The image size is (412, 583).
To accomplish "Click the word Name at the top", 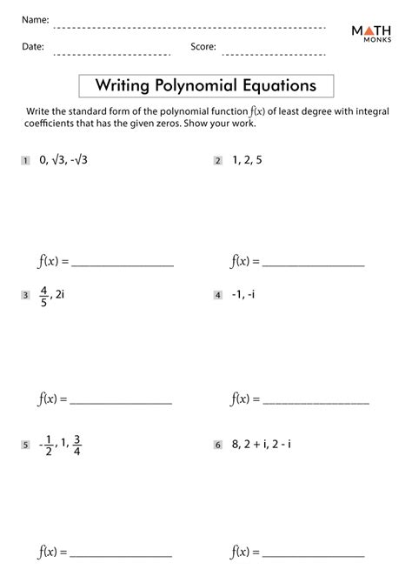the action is point(36,20).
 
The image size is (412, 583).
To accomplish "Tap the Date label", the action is point(33,48).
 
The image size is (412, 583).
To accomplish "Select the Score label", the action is point(203,48).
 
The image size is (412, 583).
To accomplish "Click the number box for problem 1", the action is point(26,161).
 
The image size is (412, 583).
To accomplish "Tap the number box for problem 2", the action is point(217,161).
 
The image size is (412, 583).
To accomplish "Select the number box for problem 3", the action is point(26,296).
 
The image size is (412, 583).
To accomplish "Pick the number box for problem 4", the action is point(217,296).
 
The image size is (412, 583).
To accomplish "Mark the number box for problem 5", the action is point(26,445).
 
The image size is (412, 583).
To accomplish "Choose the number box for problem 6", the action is point(217,445).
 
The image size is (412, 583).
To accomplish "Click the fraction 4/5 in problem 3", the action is point(43,296).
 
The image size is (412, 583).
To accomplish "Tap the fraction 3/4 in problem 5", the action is point(78,444).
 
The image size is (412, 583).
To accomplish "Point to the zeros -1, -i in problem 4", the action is point(243,296).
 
